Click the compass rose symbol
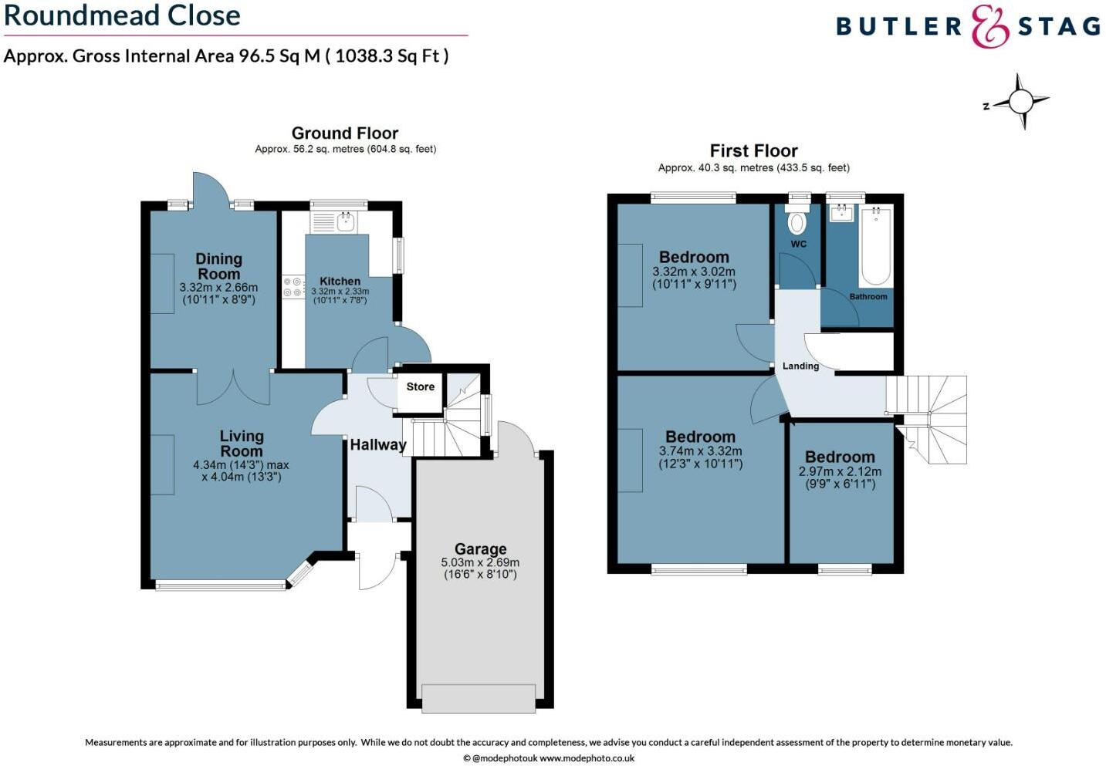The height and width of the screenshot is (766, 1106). point(1020,102)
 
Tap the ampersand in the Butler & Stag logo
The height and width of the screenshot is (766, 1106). point(990,27)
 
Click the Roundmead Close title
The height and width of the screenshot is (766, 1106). point(122,15)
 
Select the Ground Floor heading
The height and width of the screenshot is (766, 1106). point(345,133)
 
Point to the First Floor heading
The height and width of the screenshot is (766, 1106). point(753,150)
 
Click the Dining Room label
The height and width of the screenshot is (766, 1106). point(218,266)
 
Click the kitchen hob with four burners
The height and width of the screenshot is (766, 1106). point(293,287)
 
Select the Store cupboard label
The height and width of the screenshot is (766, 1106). point(421,386)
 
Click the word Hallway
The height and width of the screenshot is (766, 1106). point(377,444)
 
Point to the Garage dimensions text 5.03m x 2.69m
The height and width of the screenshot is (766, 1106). point(480,562)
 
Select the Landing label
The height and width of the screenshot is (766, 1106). point(800,366)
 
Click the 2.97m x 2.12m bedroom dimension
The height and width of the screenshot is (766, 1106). point(840,471)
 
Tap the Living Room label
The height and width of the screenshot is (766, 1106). point(242,444)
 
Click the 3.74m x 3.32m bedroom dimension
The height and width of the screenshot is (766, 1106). point(700,451)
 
